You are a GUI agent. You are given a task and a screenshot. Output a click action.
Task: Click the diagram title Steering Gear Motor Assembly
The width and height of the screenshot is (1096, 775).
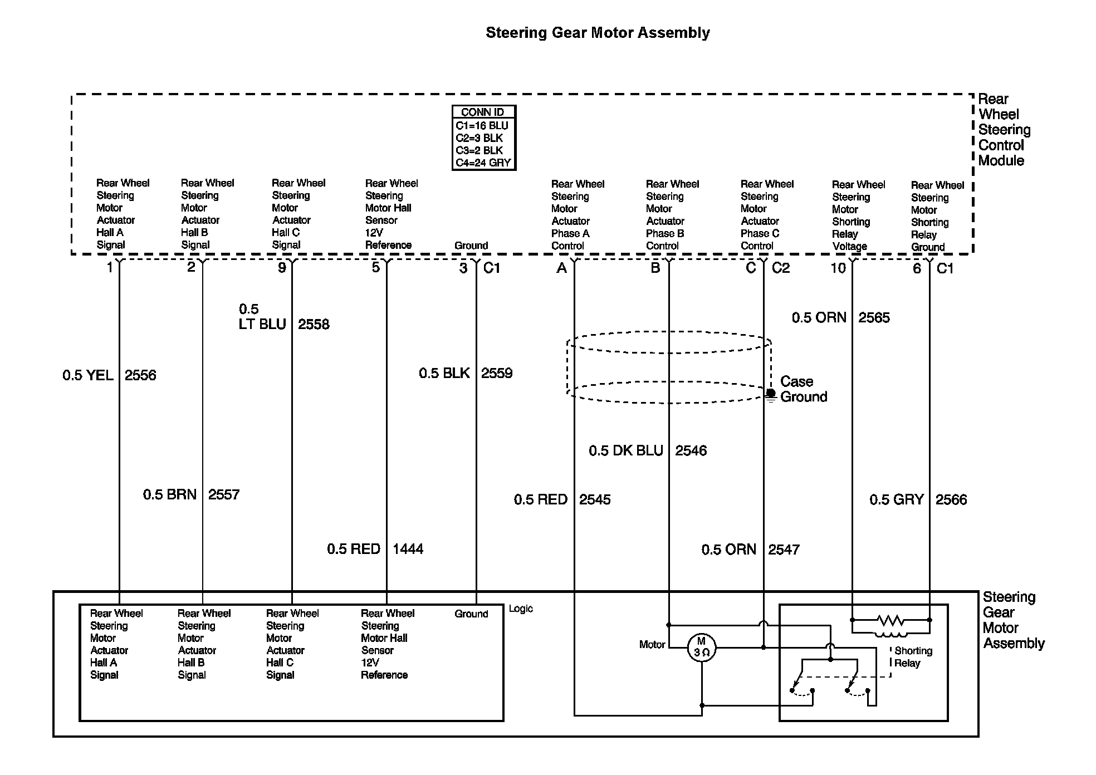pyautogui.click(x=598, y=33)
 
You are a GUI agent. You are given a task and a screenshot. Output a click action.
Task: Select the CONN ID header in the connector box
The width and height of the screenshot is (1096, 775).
pyautogui.click(x=482, y=112)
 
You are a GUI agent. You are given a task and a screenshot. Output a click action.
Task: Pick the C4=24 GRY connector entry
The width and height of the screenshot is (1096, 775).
pyautogui.click(x=483, y=163)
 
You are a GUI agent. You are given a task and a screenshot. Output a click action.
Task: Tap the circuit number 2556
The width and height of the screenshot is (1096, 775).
pyautogui.click(x=140, y=375)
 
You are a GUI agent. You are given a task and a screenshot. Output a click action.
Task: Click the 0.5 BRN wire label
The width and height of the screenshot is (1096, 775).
pyautogui.click(x=170, y=494)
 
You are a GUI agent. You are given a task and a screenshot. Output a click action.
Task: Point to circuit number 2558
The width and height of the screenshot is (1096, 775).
pyautogui.click(x=314, y=325)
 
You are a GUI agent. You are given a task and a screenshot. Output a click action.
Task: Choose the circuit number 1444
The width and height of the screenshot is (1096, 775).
pyautogui.click(x=408, y=549)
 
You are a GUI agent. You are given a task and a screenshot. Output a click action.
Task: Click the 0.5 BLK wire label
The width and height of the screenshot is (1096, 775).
pyautogui.click(x=444, y=373)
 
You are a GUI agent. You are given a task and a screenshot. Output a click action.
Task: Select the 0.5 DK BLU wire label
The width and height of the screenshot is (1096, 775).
pyautogui.click(x=626, y=450)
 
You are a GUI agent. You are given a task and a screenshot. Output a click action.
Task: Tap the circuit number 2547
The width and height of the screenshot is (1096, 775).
pyautogui.click(x=784, y=550)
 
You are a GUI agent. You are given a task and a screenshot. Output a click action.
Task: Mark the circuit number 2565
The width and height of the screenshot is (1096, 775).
pyautogui.click(x=874, y=318)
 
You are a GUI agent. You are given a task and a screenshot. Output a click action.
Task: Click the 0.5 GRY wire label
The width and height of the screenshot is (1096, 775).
pyautogui.click(x=897, y=499)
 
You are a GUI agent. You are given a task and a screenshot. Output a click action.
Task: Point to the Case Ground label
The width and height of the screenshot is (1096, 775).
pyautogui.click(x=803, y=389)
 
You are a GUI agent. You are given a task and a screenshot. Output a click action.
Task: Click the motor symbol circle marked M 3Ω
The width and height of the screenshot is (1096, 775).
pyautogui.click(x=701, y=648)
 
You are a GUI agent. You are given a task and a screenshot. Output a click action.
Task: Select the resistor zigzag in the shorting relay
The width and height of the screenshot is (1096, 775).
pyautogui.click(x=890, y=620)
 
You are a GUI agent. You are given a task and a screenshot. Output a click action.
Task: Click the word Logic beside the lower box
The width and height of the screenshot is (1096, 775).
pyautogui.click(x=521, y=609)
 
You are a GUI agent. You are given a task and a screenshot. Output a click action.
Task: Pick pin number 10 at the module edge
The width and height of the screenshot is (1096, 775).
pyautogui.click(x=838, y=268)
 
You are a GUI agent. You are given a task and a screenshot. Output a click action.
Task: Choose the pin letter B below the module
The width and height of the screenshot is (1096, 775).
pyautogui.click(x=655, y=268)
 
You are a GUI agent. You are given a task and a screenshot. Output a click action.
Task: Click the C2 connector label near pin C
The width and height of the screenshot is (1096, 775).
pyautogui.click(x=781, y=268)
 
